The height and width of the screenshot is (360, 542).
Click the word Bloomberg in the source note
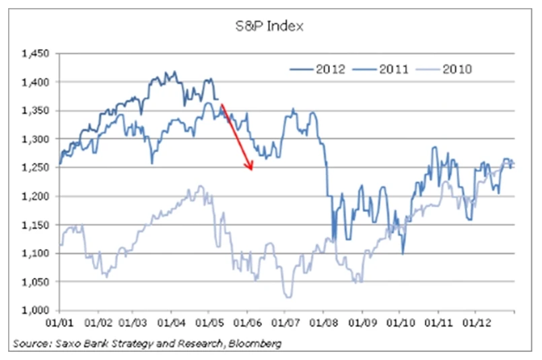point(257,344)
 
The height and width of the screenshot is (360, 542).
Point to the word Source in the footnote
point(27,344)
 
